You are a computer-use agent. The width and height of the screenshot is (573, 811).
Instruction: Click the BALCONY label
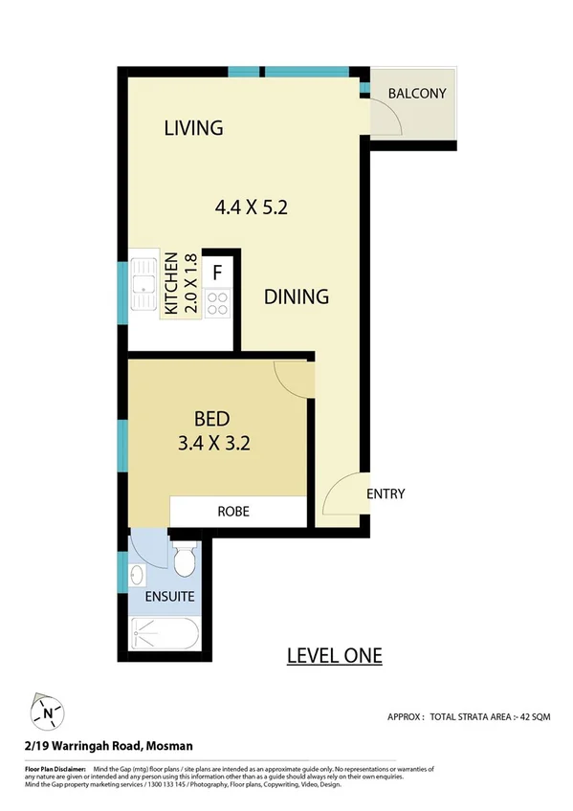tap(417, 94)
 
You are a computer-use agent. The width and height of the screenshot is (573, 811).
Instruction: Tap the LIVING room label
tap(193, 127)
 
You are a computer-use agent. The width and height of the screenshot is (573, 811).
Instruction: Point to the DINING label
tap(297, 296)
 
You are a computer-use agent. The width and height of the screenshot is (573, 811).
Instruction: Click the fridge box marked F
tap(218, 273)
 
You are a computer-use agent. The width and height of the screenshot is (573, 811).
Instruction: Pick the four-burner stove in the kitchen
tap(218, 302)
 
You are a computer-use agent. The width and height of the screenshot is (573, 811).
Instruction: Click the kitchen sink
tap(144, 284)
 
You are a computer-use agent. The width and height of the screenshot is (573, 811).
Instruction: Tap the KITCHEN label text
tap(172, 284)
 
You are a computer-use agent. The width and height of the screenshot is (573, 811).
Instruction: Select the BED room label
tap(211, 418)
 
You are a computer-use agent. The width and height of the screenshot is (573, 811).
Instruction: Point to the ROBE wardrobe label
tap(233, 512)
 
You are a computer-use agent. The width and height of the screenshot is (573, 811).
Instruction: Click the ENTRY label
tap(386, 494)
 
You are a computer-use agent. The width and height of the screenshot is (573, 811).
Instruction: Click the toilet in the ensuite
tap(185, 559)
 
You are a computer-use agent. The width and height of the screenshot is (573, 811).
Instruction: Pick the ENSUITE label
tap(170, 597)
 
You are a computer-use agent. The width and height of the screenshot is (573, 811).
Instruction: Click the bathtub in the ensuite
tap(164, 633)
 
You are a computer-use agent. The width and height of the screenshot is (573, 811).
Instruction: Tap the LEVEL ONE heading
tap(335, 655)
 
